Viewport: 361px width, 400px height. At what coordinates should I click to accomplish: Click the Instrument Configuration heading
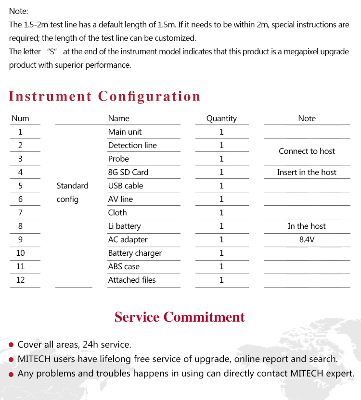(x=104, y=96)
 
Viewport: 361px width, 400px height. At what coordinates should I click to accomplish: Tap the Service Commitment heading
(x=180, y=317)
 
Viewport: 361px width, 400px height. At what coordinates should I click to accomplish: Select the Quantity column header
(x=221, y=118)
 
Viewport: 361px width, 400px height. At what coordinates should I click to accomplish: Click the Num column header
(x=20, y=118)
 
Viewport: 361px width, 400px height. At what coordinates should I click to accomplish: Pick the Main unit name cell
(x=125, y=132)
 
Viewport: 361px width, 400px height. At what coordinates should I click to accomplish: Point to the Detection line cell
(x=132, y=145)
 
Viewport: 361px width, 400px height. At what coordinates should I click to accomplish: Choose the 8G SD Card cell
(x=128, y=172)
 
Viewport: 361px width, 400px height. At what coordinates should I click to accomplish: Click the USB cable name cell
(x=126, y=186)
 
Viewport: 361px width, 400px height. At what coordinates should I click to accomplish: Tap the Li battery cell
(x=124, y=226)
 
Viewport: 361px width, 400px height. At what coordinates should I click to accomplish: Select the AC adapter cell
(x=128, y=239)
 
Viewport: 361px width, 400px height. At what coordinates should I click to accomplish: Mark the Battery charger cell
(x=135, y=253)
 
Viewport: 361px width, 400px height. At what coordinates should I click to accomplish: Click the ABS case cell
(x=124, y=266)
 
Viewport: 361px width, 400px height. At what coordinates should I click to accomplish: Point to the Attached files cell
(x=132, y=280)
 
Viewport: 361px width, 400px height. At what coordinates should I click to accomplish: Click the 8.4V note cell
(x=307, y=239)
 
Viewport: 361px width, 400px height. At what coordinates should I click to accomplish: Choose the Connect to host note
(x=307, y=151)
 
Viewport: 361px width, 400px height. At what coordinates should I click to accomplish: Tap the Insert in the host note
(x=307, y=172)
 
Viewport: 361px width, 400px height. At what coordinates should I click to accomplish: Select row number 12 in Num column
(x=20, y=280)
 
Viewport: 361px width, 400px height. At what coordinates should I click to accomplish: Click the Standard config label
(x=72, y=192)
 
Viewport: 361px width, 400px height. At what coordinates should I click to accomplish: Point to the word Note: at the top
(x=19, y=11)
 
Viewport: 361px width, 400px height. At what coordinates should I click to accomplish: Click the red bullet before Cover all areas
(x=11, y=345)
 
